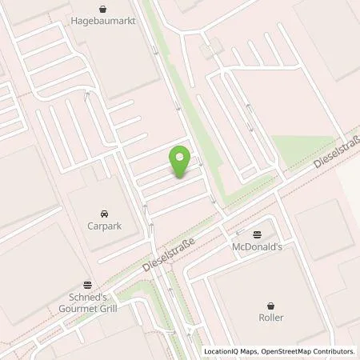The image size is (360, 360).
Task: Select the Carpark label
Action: pos(105,226)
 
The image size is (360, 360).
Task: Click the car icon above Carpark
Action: pos(105,214)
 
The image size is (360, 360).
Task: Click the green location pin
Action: pos(181,162)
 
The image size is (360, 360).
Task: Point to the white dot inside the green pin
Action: pos(181,158)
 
